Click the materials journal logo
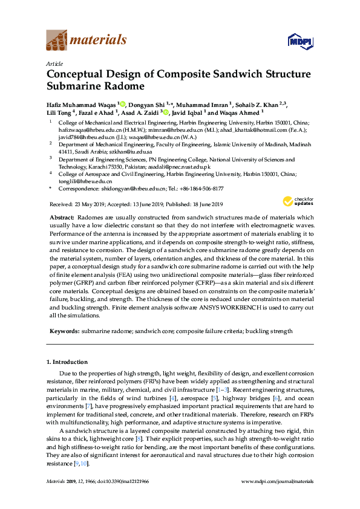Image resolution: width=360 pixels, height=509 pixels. coord(87,41)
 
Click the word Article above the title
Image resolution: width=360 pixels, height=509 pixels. coord(53,63)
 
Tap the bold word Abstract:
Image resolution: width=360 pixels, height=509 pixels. coord(62,216)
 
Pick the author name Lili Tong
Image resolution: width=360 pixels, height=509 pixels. coord(58,112)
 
